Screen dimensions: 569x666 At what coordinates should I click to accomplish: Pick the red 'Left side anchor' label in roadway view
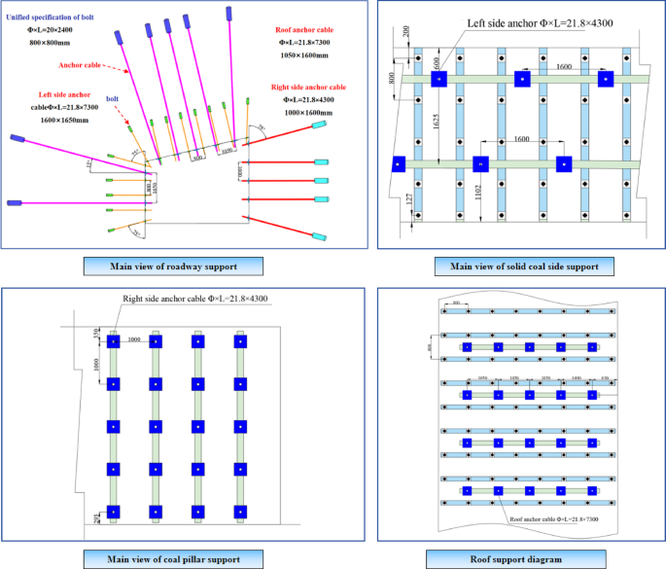[57, 94]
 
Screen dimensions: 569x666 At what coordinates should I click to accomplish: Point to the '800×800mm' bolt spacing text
[49, 44]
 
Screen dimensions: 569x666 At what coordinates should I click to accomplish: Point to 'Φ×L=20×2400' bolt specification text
[48, 30]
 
